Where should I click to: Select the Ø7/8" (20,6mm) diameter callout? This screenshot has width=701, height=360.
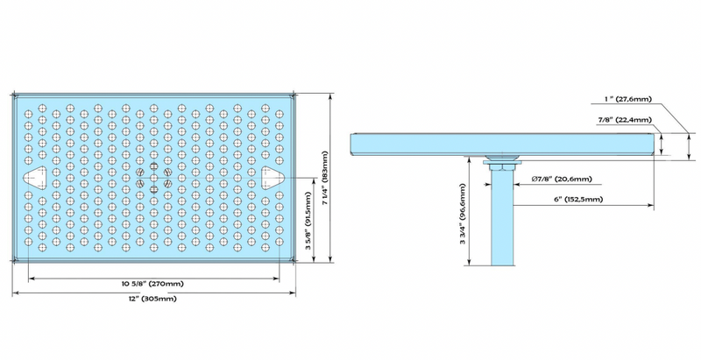[x=562, y=180]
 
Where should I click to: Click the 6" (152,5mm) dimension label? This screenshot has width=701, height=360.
[x=580, y=200]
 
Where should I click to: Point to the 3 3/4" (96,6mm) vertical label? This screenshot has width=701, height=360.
[x=463, y=223]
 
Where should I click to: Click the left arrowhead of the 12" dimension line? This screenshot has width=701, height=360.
[x=13, y=293]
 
